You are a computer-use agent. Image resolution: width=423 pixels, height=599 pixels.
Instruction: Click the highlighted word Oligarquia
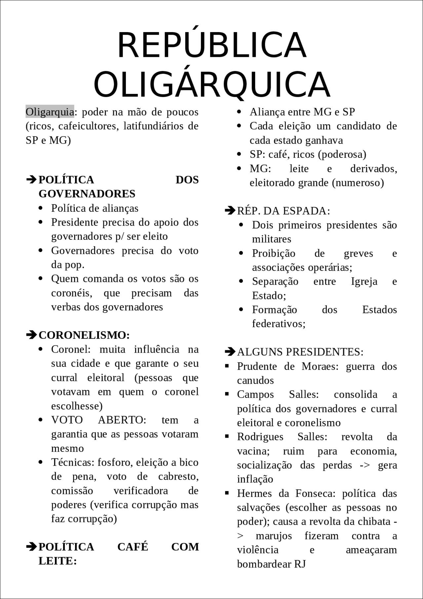coord(50,112)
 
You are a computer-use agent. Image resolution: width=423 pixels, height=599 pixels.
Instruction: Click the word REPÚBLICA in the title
coord(212,45)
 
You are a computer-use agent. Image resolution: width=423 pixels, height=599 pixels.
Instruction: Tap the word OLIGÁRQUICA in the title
coord(212,84)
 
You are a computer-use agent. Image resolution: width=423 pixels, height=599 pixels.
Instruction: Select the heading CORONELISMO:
coord(84,335)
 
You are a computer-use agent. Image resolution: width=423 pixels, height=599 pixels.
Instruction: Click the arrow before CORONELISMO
coord(31,335)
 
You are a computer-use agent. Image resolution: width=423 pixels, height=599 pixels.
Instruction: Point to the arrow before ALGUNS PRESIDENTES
coord(230,352)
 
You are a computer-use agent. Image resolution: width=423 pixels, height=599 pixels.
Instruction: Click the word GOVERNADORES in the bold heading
coord(87,193)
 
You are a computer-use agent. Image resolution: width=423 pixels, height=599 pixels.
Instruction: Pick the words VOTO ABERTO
coord(98,420)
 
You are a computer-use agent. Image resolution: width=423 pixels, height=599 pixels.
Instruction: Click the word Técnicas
coord(72,462)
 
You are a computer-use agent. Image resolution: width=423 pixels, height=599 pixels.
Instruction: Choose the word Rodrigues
coord(260,437)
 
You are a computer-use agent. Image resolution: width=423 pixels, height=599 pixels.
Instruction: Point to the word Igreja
coord(364,281)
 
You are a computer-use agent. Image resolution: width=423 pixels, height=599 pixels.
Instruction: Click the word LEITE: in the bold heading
coord(58,561)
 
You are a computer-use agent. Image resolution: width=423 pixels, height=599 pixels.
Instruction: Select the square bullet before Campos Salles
coord(227,394)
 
